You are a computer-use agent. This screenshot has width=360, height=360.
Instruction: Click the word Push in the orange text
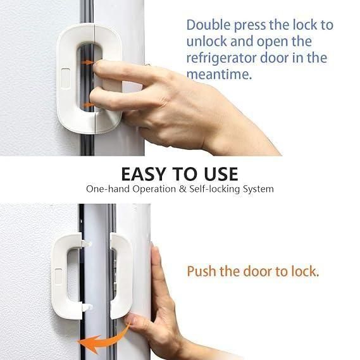201,271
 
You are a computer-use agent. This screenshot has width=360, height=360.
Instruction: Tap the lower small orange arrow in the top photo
89,104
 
